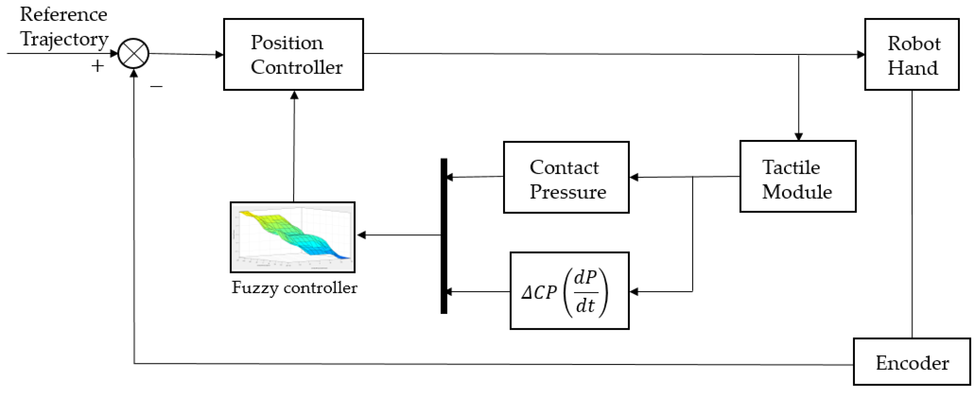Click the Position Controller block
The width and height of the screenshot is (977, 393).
click(293, 54)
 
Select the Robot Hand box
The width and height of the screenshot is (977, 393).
click(912, 54)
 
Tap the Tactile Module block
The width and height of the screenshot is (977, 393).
click(798, 176)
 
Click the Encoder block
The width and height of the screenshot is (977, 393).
click(912, 362)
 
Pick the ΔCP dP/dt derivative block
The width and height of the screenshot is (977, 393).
click(569, 291)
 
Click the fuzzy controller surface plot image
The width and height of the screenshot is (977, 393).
click(292, 237)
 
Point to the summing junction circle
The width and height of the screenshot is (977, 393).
click(134, 53)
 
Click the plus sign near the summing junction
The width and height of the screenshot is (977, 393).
click(97, 66)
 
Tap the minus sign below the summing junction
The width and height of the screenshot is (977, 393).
click(156, 86)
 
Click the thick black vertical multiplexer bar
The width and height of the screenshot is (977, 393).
click(444, 236)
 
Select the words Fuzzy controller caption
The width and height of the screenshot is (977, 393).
click(294, 288)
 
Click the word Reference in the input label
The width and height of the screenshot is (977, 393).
click(63, 14)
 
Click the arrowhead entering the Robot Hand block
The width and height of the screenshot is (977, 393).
click(861, 55)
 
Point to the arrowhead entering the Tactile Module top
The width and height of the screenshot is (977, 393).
click(798, 137)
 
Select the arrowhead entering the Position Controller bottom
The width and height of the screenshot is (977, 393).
click(294, 95)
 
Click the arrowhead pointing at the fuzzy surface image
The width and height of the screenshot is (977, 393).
click(361, 235)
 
